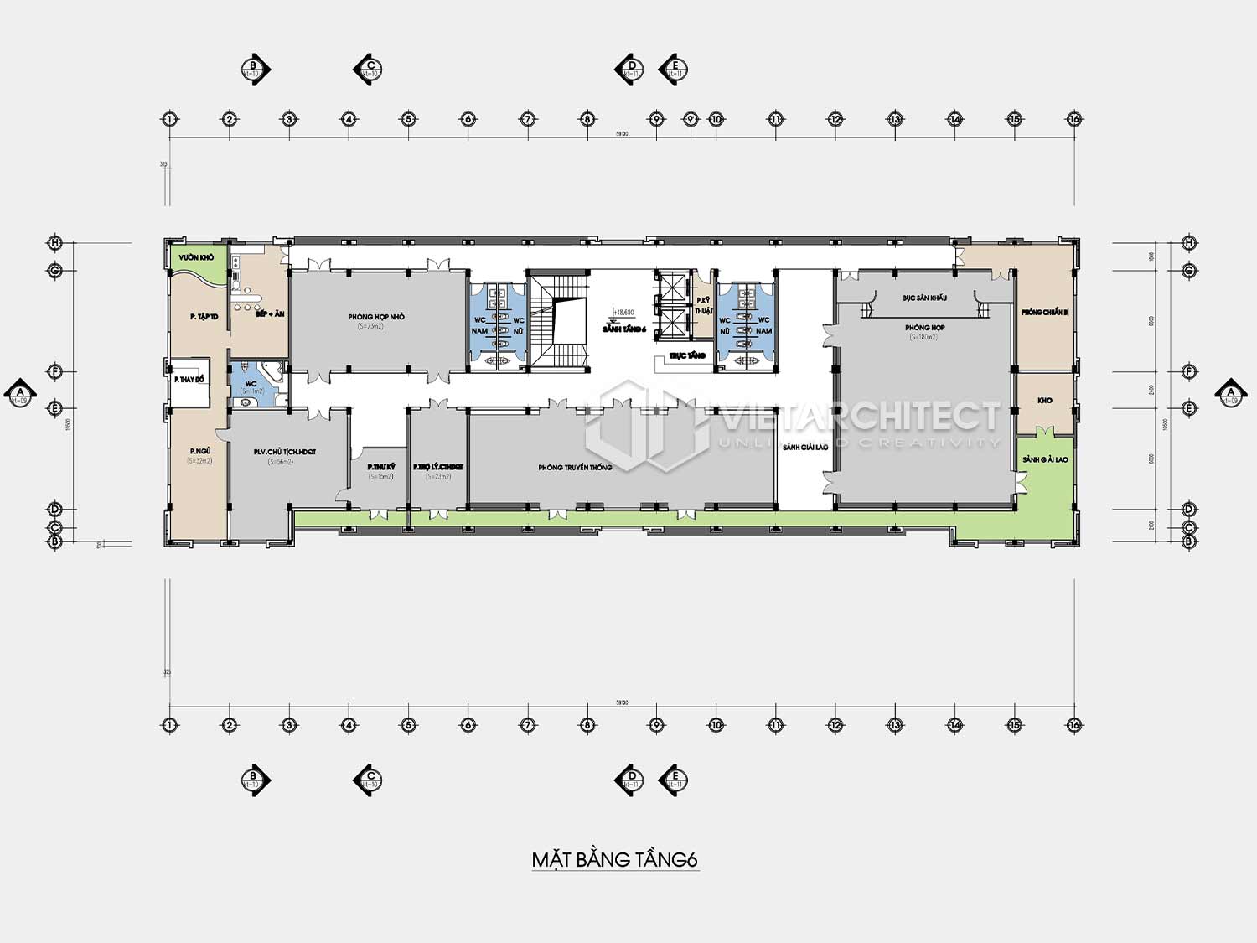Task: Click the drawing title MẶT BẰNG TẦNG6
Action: point(615,860)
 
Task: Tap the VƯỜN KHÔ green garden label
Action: point(196,257)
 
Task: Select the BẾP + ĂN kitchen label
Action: point(270,313)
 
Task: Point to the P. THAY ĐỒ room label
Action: point(189,380)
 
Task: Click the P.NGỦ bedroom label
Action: point(200,451)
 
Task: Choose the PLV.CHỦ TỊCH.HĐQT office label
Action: point(285,452)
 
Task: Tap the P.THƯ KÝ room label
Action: point(380,467)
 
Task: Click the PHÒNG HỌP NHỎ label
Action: point(376,317)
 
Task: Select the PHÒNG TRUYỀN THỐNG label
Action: point(575,467)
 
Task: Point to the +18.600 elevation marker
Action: point(623,313)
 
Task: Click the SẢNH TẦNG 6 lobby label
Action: point(624,329)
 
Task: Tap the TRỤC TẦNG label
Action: point(687,355)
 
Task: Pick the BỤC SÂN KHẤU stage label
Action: point(924,298)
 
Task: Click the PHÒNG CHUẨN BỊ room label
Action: point(1044,312)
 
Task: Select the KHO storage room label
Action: point(1045,401)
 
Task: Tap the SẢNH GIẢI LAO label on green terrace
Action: point(1045,459)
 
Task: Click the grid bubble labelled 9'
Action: point(691,119)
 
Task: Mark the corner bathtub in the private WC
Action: point(270,371)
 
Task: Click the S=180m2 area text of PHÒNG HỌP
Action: point(923,337)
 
